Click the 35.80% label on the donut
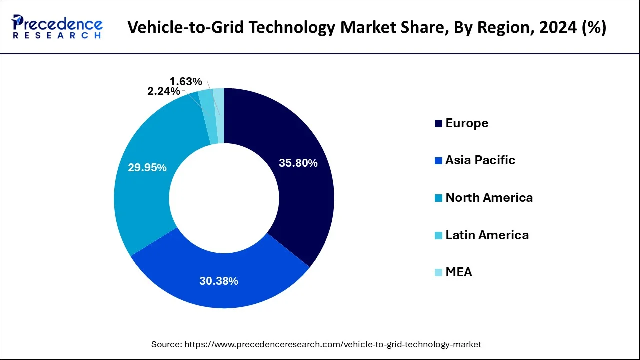298,163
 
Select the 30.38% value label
219,281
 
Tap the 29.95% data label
147,168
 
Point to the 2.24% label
163,91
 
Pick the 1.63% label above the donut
186,81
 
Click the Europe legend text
467,123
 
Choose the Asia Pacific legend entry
480,160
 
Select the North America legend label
489,198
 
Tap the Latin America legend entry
487,235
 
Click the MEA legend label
458,272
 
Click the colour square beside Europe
438,124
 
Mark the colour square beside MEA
438,273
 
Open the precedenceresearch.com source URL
333,344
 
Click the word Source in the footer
166,344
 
